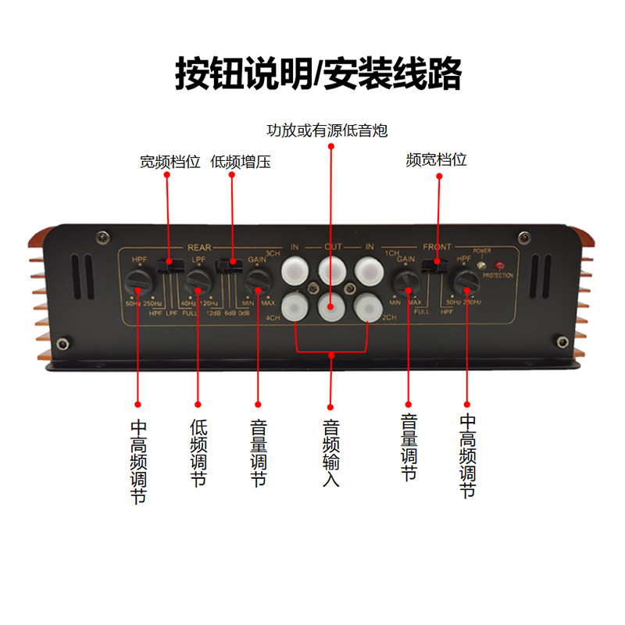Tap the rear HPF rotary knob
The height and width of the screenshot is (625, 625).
point(138,280)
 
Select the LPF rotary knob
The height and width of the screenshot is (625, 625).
point(198,280)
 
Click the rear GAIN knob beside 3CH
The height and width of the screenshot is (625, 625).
point(256,279)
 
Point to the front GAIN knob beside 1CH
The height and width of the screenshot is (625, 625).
point(406,280)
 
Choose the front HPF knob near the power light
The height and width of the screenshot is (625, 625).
point(467,280)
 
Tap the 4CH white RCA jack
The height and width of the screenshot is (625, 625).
point(295,305)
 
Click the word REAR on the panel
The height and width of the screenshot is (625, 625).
point(200,247)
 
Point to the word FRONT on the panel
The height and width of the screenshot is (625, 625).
point(437,247)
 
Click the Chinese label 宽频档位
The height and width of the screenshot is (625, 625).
point(170,162)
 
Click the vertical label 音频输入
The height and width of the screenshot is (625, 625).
point(330,453)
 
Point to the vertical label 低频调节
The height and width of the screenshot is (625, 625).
point(198,453)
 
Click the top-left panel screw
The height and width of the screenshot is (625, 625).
point(102,237)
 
